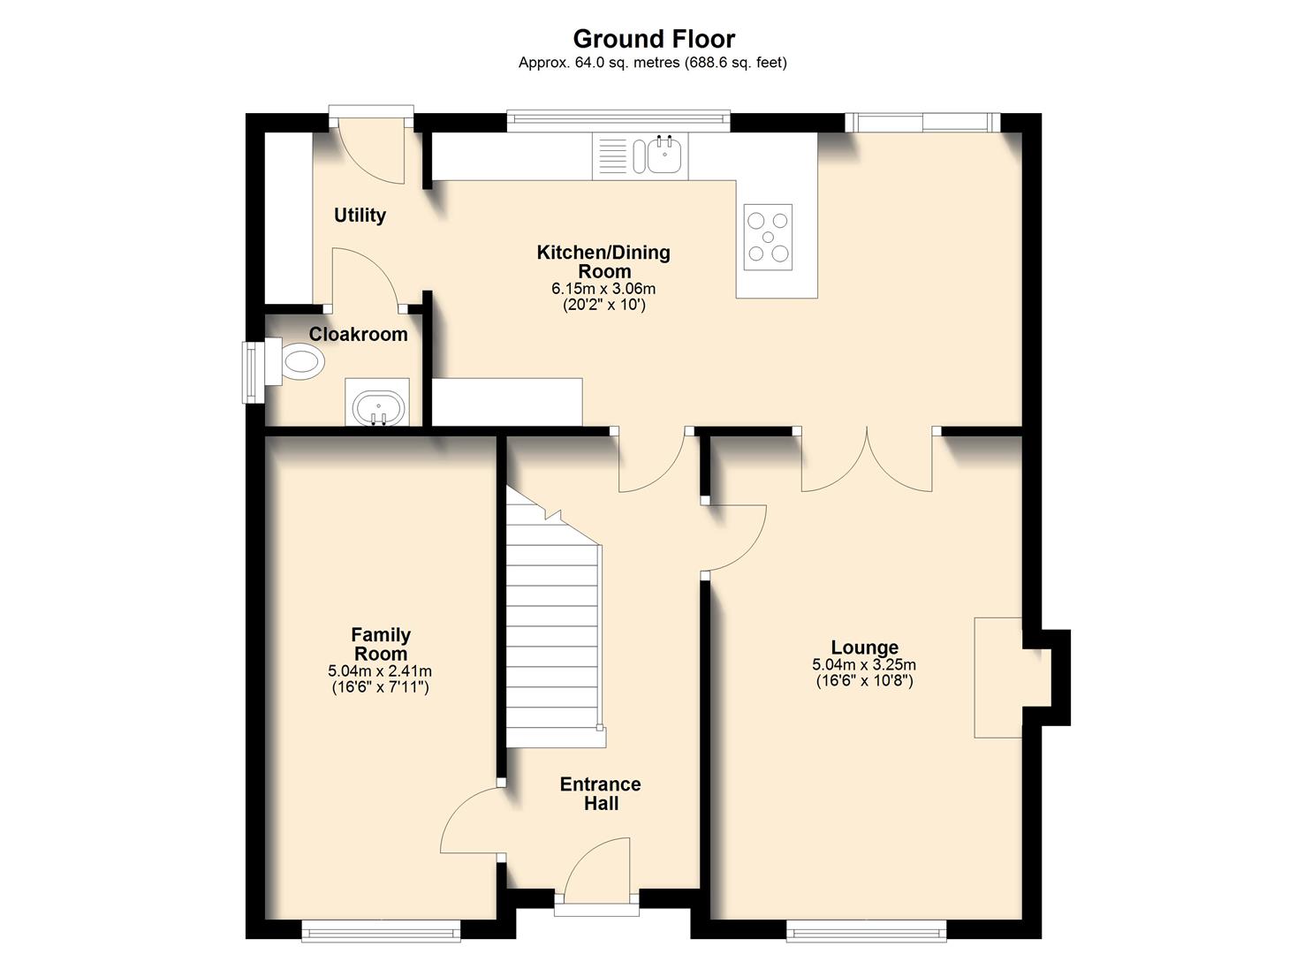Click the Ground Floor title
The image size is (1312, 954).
(654, 39)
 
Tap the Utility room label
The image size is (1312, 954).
(360, 216)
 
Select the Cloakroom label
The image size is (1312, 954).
(358, 334)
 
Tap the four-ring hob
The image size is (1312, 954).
(767, 237)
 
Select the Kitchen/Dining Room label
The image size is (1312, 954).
(603, 261)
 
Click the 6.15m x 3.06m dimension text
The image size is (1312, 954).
(603, 289)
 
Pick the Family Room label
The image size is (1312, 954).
(380, 644)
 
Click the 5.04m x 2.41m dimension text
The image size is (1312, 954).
(380, 671)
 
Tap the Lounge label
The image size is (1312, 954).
(864, 647)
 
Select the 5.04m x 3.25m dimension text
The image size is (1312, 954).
(864, 665)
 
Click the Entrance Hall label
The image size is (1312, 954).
(600, 793)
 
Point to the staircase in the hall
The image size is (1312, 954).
(552, 636)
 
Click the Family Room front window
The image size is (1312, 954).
(381, 928)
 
